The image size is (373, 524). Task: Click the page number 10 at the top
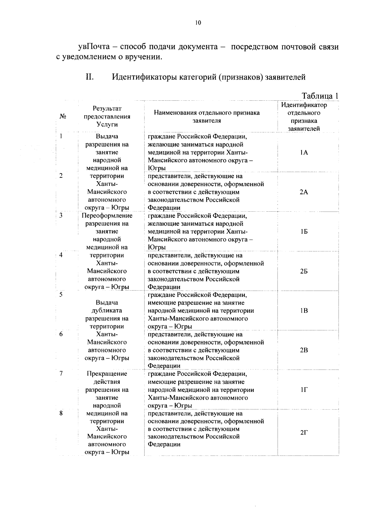(x=198, y=22)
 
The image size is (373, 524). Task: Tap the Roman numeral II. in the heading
(x=90, y=76)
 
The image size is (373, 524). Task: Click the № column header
(x=62, y=117)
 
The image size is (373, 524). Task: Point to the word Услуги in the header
(x=107, y=125)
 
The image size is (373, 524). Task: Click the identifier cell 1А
(x=304, y=152)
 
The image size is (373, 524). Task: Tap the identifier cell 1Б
(x=304, y=232)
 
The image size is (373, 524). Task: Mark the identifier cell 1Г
(x=304, y=390)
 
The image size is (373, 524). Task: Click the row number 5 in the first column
(x=61, y=295)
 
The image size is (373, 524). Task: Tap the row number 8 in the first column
(x=61, y=413)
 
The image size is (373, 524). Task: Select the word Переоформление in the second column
(x=107, y=216)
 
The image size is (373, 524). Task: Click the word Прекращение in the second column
(x=107, y=374)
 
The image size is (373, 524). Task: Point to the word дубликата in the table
(x=107, y=310)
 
